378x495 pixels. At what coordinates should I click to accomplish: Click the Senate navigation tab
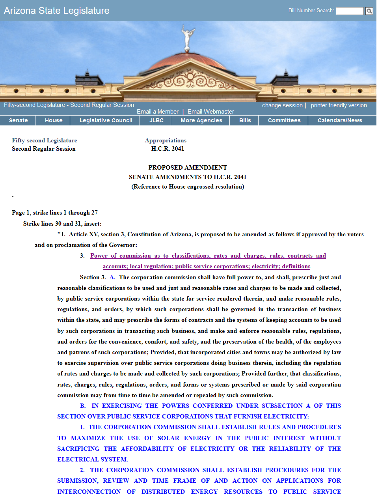[x=18, y=120]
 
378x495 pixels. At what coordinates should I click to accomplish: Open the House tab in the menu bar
[x=54, y=120]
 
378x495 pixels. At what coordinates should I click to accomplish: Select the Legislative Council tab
[x=106, y=120]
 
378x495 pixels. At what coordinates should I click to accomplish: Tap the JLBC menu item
[x=156, y=120]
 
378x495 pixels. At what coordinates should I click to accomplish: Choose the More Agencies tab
[x=201, y=120]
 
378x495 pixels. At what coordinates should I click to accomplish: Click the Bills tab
[x=245, y=120]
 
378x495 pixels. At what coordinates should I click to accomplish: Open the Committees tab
[x=284, y=120]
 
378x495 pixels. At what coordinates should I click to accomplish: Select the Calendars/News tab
[x=340, y=120]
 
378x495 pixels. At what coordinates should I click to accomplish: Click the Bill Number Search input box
[x=350, y=11]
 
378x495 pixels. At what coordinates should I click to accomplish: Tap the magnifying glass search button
[x=369, y=11]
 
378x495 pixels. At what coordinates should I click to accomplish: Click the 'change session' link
[x=282, y=105]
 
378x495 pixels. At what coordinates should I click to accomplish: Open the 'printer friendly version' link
[x=339, y=105]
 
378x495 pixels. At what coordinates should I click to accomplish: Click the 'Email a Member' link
[x=158, y=112]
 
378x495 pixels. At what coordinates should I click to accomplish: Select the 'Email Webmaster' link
[x=211, y=112]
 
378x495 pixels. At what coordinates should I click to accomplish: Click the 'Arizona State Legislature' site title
[x=57, y=11]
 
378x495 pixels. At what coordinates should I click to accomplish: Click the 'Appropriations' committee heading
[x=166, y=140]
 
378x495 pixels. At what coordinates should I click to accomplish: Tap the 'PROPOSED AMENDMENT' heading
[x=188, y=168]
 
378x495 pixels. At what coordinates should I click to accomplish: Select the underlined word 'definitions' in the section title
[x=296, y=267]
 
